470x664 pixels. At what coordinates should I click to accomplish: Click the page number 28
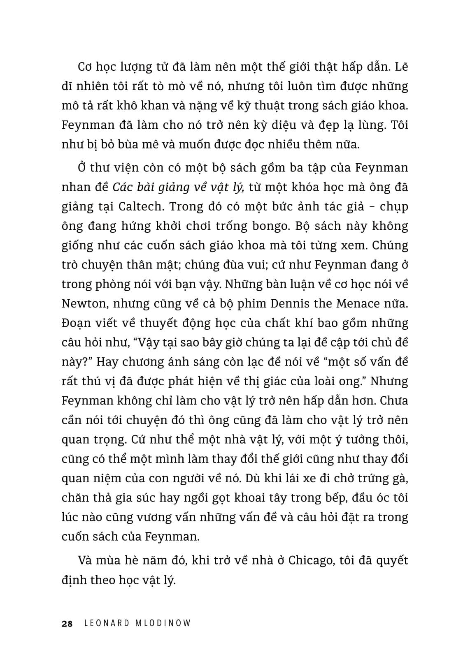[67, 624]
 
